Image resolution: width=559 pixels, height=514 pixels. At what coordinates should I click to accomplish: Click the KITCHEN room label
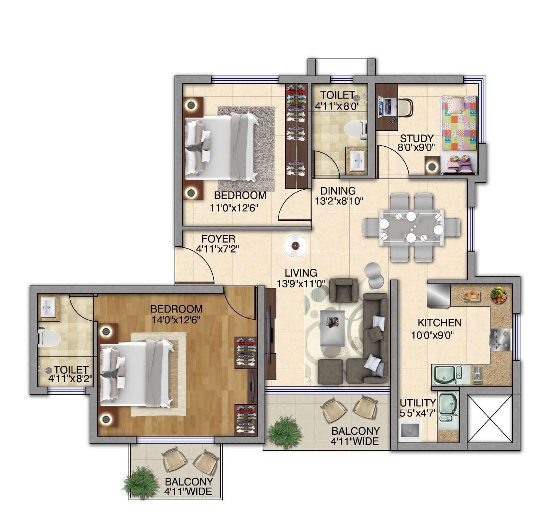tap(440, 323)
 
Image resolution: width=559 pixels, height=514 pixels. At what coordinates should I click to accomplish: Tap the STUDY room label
tap(416, 138)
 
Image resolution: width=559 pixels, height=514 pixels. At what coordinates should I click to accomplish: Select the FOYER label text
tap(218, 239)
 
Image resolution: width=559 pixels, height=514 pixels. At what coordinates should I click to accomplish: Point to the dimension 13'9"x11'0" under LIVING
tap(301, 284)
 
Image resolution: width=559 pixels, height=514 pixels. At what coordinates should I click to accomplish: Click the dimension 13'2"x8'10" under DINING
tap(338, 201)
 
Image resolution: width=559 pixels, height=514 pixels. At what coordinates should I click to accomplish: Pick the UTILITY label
tap(418, 403)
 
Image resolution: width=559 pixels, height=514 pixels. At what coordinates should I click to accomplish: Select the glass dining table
tap(411, 227)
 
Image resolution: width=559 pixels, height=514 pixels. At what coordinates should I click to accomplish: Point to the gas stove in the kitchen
tap(500, 340)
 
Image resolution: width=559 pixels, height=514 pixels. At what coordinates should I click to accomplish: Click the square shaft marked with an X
tap(489, 418)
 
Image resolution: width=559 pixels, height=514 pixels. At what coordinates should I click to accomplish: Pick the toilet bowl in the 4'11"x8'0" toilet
tap(355, 130)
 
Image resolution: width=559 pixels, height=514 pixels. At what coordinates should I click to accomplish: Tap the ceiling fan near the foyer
tap(295, 246)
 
